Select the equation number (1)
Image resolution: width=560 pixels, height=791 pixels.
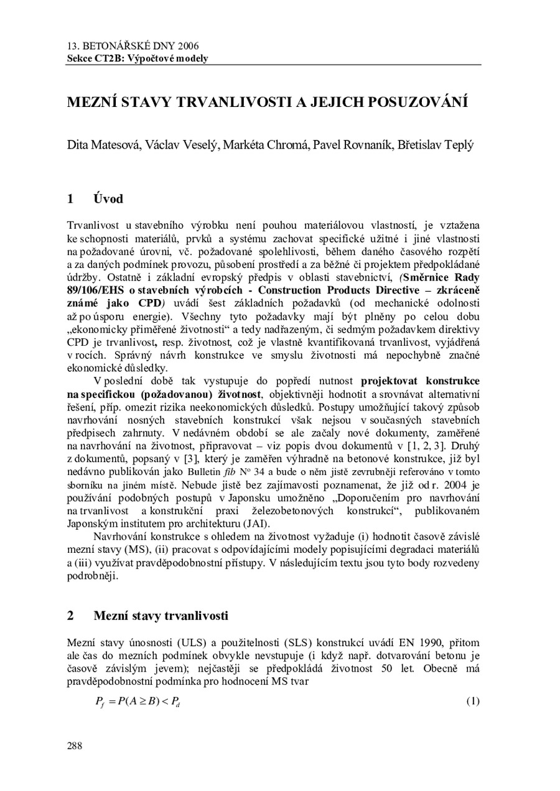[x=472, y=701]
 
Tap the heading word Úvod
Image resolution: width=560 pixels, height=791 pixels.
[x=108, y=199]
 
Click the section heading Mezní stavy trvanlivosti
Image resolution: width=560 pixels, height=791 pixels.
[x=161, y=616]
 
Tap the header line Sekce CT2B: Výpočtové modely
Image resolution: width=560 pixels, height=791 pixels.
[x=138, y=58]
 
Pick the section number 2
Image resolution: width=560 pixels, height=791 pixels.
[x=71, y=616]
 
